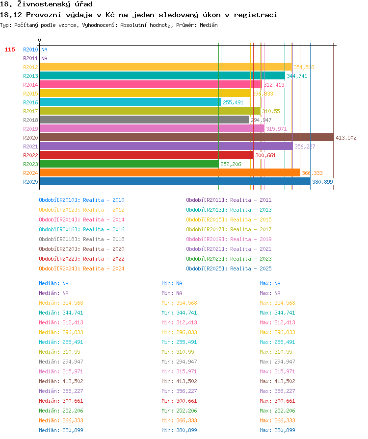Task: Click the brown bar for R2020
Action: click(187, 138)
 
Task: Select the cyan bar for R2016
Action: click(131, 102)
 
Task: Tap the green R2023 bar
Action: click(130, 164)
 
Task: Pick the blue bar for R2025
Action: click(175, 181)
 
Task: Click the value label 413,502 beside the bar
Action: click(346, 138)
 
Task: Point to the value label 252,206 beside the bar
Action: click(231, 164)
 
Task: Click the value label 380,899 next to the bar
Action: click(322, 182)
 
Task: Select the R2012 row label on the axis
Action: click(30, 67)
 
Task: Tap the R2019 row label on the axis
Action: click(30, 129)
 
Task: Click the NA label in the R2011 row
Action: click(44, 58)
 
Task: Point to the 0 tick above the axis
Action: click(40, 40)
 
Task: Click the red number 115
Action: click(10, 49)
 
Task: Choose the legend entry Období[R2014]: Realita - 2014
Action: click(81, 219)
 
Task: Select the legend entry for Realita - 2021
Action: click(229, 249)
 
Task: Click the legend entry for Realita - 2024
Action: click(81, 268)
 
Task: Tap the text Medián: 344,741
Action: click(61, 313)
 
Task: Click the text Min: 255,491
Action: click(179, 342)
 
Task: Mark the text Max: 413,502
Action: click(277, 381)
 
